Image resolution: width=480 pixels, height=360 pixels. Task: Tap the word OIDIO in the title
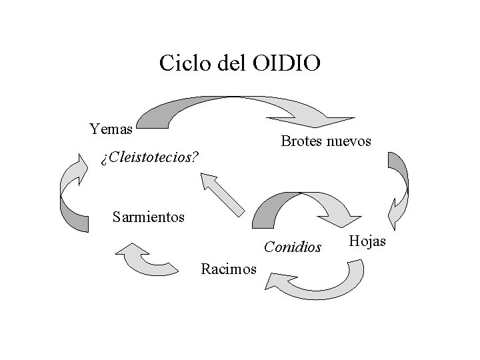point(287,63)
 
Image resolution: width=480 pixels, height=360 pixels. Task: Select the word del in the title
point(231,63)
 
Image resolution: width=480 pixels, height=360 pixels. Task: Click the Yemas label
point(111,128)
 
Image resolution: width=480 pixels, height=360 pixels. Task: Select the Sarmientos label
point(149,217)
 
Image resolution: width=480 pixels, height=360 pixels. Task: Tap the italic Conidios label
point(293,247)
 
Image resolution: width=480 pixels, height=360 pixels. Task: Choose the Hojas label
point(367,241)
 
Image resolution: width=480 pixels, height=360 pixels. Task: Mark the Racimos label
point(229,269)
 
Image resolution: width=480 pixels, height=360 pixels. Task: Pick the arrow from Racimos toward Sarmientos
point(143,260)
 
